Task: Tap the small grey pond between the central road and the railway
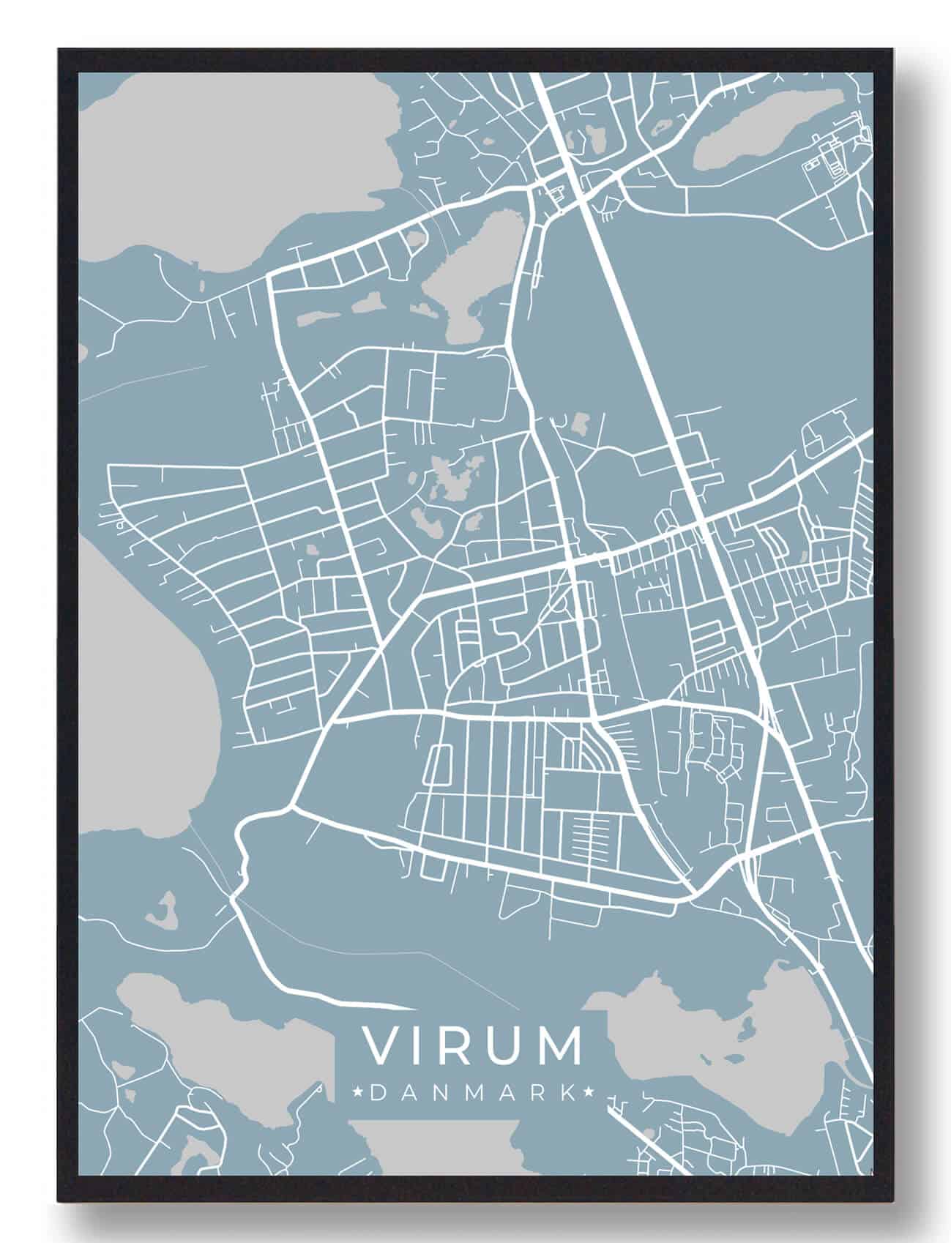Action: point(581,422)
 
